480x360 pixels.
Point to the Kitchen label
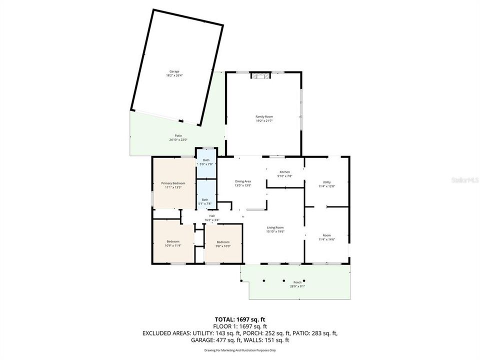click(x=284, y=172)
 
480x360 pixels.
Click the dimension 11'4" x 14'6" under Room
click(x=326, y=239)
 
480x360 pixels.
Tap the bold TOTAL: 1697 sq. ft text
click(x=239, y=319)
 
